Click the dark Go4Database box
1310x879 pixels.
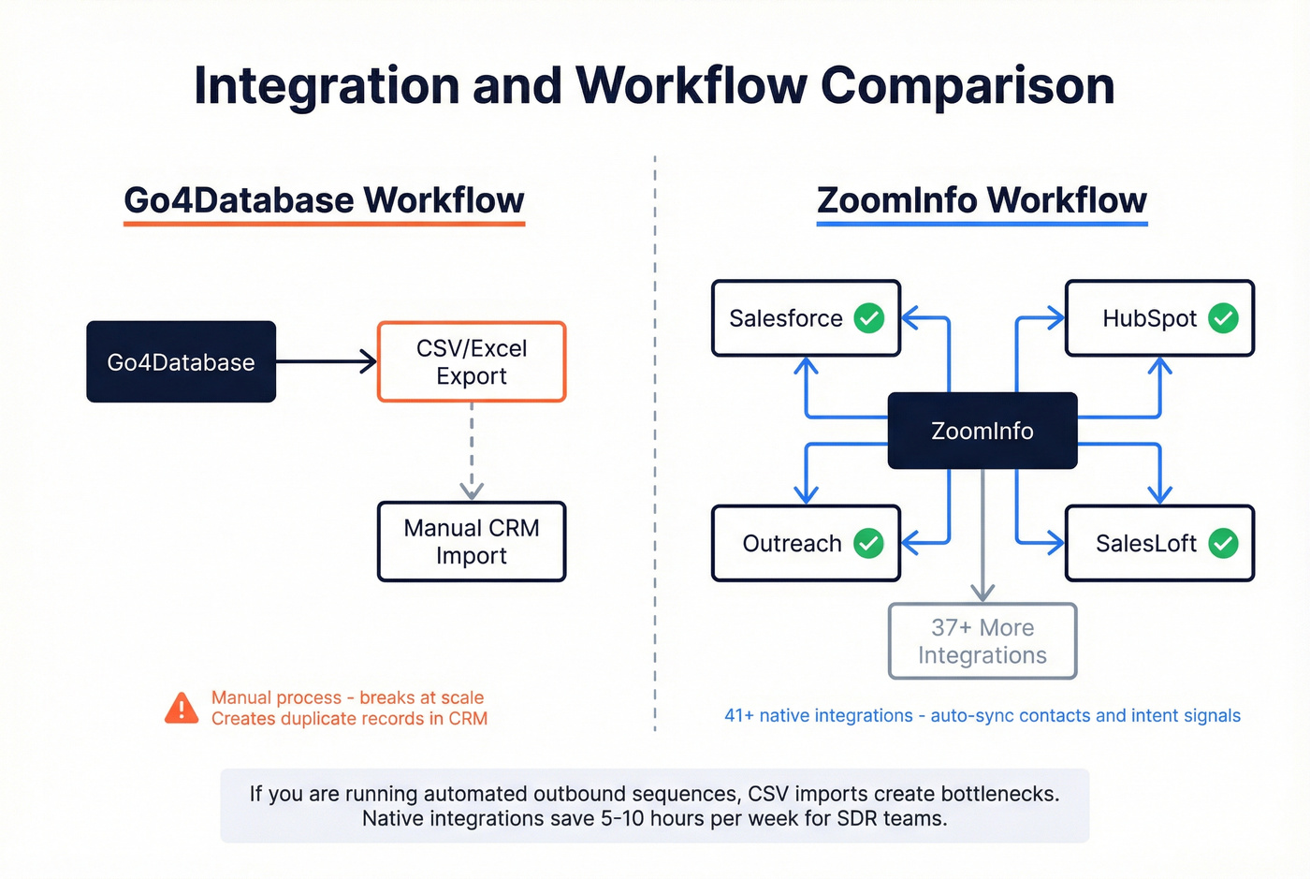tap(181, 362)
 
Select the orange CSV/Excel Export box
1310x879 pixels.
tap(472, 362)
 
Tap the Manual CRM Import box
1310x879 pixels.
tap(472, 542)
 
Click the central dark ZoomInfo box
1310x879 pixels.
tap(982, 431)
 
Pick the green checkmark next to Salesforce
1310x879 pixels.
tap(869, 318)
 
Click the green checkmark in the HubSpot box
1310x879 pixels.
tap(1223, 318)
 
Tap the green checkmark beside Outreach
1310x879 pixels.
tap(868, 543)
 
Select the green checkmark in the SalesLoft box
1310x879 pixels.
tap(1223, 543)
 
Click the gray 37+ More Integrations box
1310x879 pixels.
tap(982, 641)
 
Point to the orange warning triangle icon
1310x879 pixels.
tap(182, 709)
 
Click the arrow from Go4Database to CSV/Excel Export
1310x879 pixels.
tap(327, 361)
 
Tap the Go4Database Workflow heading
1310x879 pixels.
tap(324, 200)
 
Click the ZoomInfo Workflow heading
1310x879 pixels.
tap(982, 200)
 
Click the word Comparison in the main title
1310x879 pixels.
tap(968, 86)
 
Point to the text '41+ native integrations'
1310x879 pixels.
tap(818, 716)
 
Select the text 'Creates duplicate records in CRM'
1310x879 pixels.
tap(349, 719)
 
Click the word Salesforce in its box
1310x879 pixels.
tap(786, 318)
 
